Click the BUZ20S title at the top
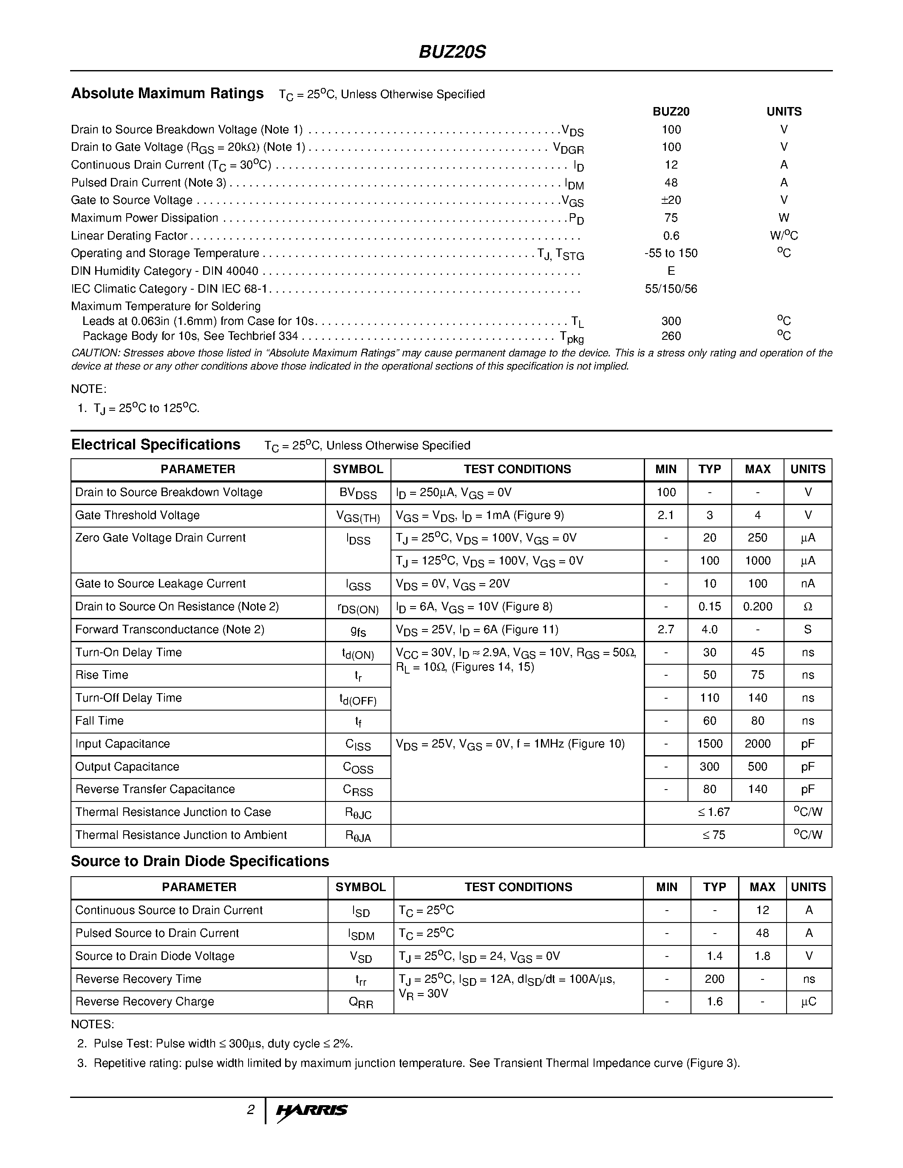pyautogui.click(x=452, y=52)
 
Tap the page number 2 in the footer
pyautogui.click(x=250, y=1110)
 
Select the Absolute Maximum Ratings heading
pyautogui.click(x=167, y=93)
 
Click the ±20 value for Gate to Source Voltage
pyautogui.click(x=671, y=200)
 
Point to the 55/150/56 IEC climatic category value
pyautogui.click(x=671, y=289)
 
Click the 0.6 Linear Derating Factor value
pyautogui.click(x=671, y=236)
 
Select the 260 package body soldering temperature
pyautogui.click(x=671, y=336)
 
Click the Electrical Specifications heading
pyautogui.click(x=156, y=445)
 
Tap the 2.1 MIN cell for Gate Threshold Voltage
pyautogui.click(x=665, y=516)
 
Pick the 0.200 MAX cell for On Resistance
pyautogui.click(x=758, y=607)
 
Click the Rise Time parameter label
pyautogui.click(x=102, y=675)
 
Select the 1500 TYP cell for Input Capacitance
pyautogui.click(x=709, y=744)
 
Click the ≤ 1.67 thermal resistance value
pyautogui.click(x=713, y=813)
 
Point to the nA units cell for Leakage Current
pyautogui.click(x=808, y=584)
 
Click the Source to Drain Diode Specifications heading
pyautogui.click(x=200, y=862)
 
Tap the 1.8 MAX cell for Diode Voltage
pyautogui.click(x=762, y=956)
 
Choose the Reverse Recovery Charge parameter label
pyautogui.click(x=144, y=1002)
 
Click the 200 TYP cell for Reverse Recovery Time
pyautogui.click(x=714, y=979)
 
